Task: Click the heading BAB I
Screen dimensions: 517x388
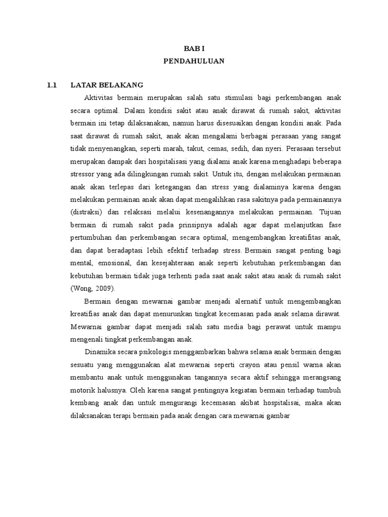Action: pos(194,48)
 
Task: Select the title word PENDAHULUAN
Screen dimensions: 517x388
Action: pos(194,61)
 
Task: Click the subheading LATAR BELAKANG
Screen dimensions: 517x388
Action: pos(107,85)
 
